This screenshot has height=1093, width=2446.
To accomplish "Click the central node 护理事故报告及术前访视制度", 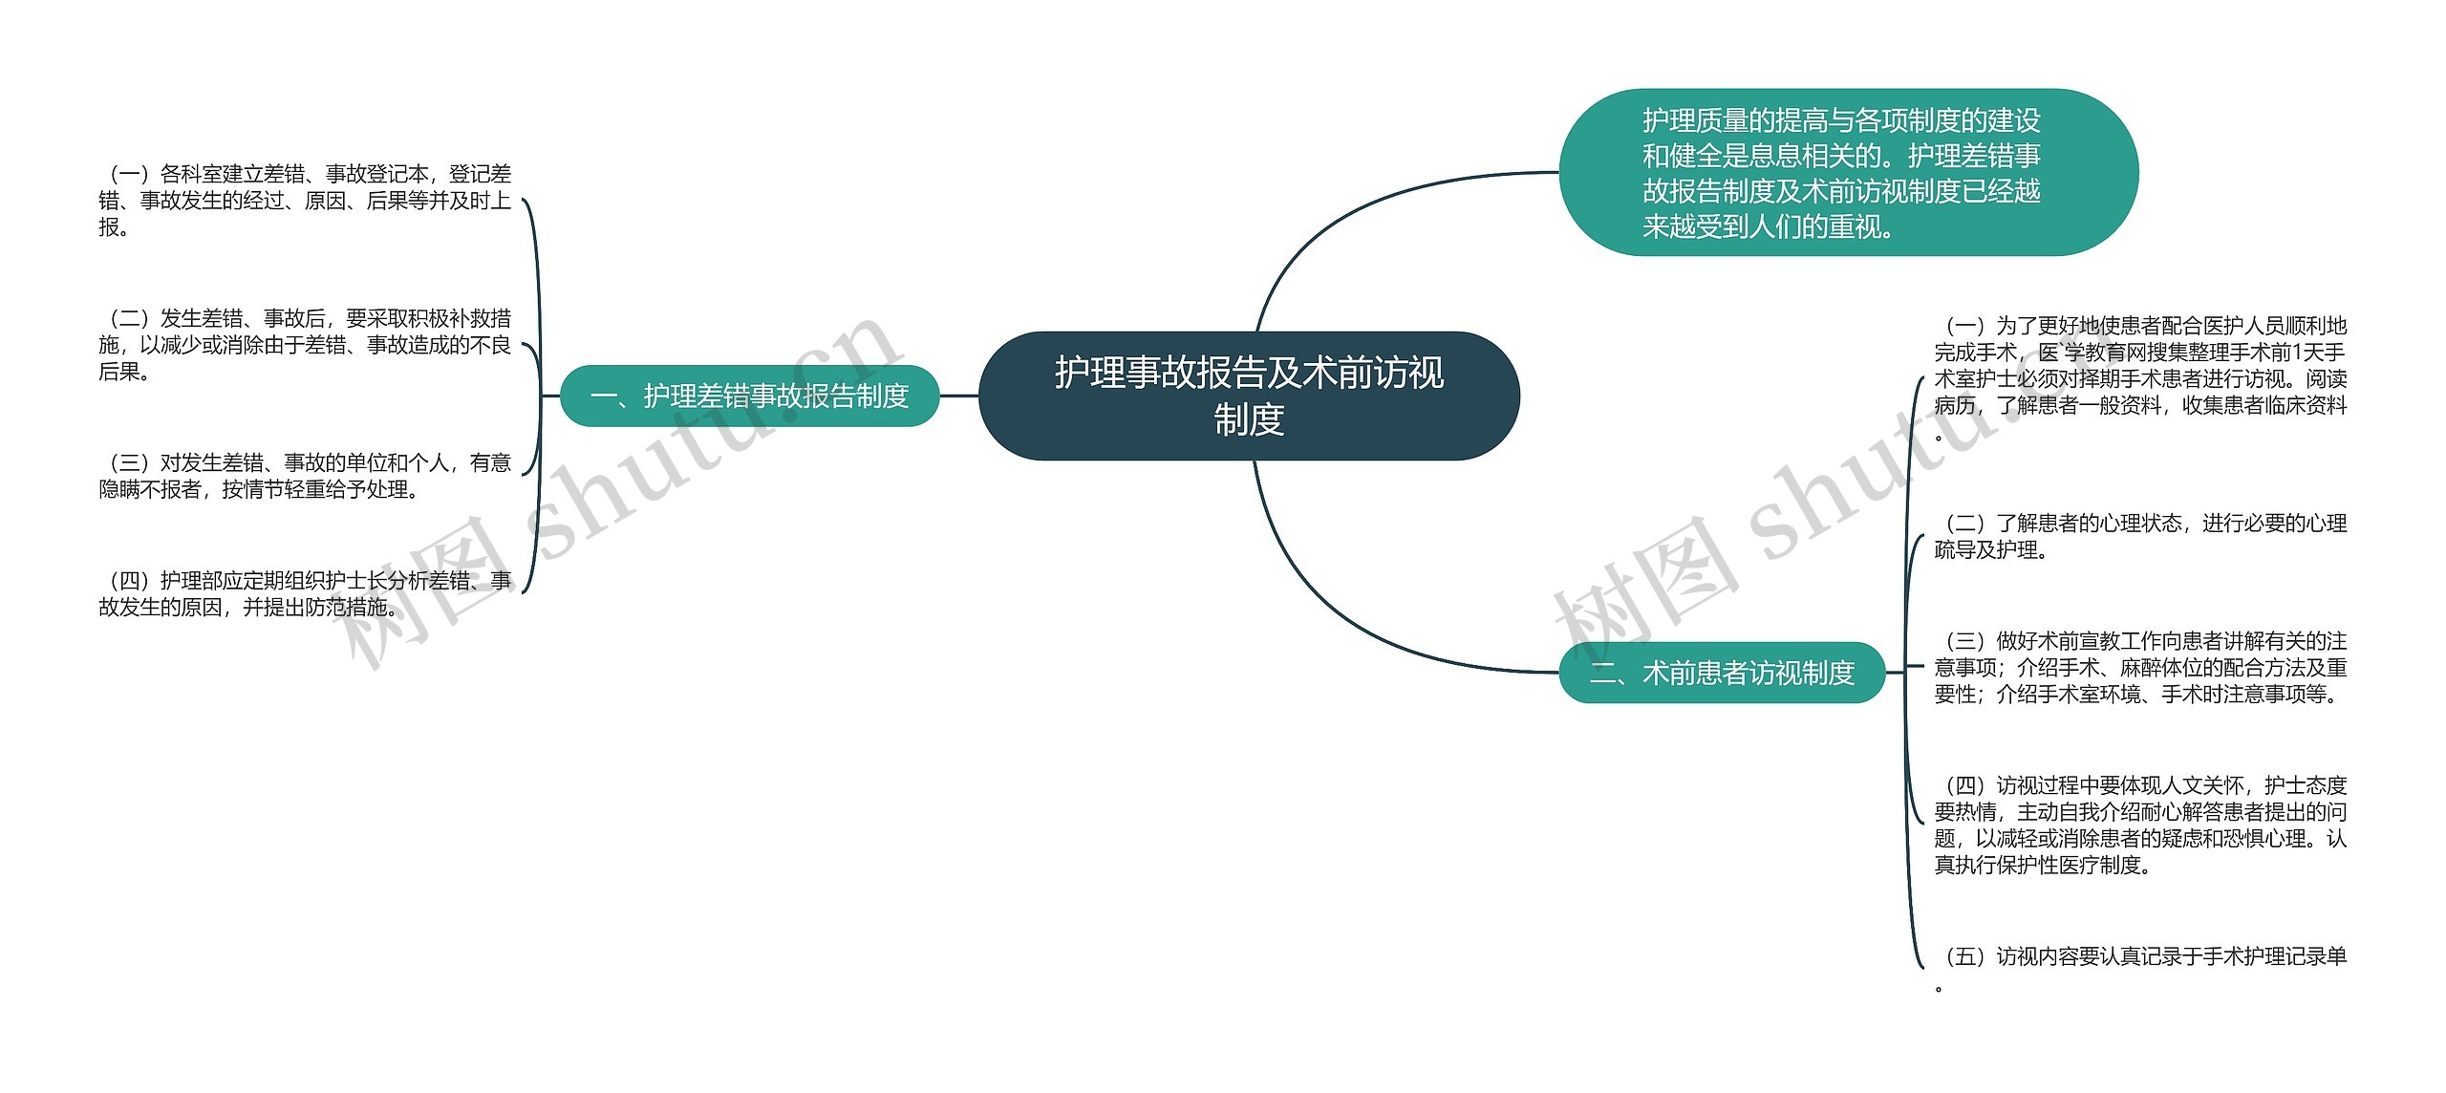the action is coord(1249,396).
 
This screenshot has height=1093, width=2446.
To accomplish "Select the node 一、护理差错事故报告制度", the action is coord(749,396).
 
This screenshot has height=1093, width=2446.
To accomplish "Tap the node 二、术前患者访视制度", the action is coord(1721,673).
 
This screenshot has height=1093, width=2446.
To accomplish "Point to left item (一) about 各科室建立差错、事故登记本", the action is coord(305,201).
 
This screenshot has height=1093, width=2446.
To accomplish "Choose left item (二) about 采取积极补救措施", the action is coord(305,345).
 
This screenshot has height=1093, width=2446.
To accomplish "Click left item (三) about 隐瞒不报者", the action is coord(305,476).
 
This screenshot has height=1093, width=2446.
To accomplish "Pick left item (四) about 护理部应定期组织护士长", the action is coord(305,593).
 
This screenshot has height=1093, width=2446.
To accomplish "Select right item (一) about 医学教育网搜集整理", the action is coord(2140,378).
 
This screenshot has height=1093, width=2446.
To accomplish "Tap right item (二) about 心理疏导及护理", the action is coord(2140,536).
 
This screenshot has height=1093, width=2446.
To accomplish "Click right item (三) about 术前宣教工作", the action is coord(2140,667).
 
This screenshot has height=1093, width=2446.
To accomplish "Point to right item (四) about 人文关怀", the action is coord(2140,825).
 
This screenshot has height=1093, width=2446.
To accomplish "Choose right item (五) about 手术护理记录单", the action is coord(2140,957).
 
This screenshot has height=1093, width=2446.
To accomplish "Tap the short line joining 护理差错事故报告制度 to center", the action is coord(959,396).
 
